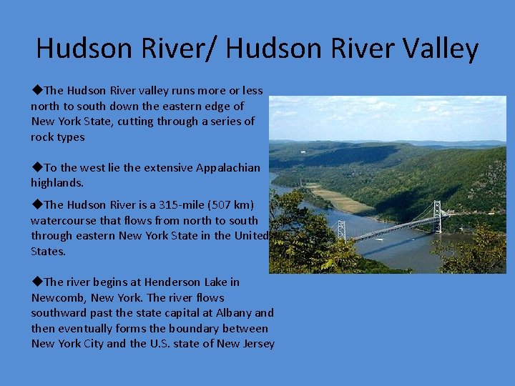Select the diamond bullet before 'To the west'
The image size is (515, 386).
37,167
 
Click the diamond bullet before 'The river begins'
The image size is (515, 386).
37,282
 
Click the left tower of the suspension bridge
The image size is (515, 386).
341,229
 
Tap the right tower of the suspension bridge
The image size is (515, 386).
436,215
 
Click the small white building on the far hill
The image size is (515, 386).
304,152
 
